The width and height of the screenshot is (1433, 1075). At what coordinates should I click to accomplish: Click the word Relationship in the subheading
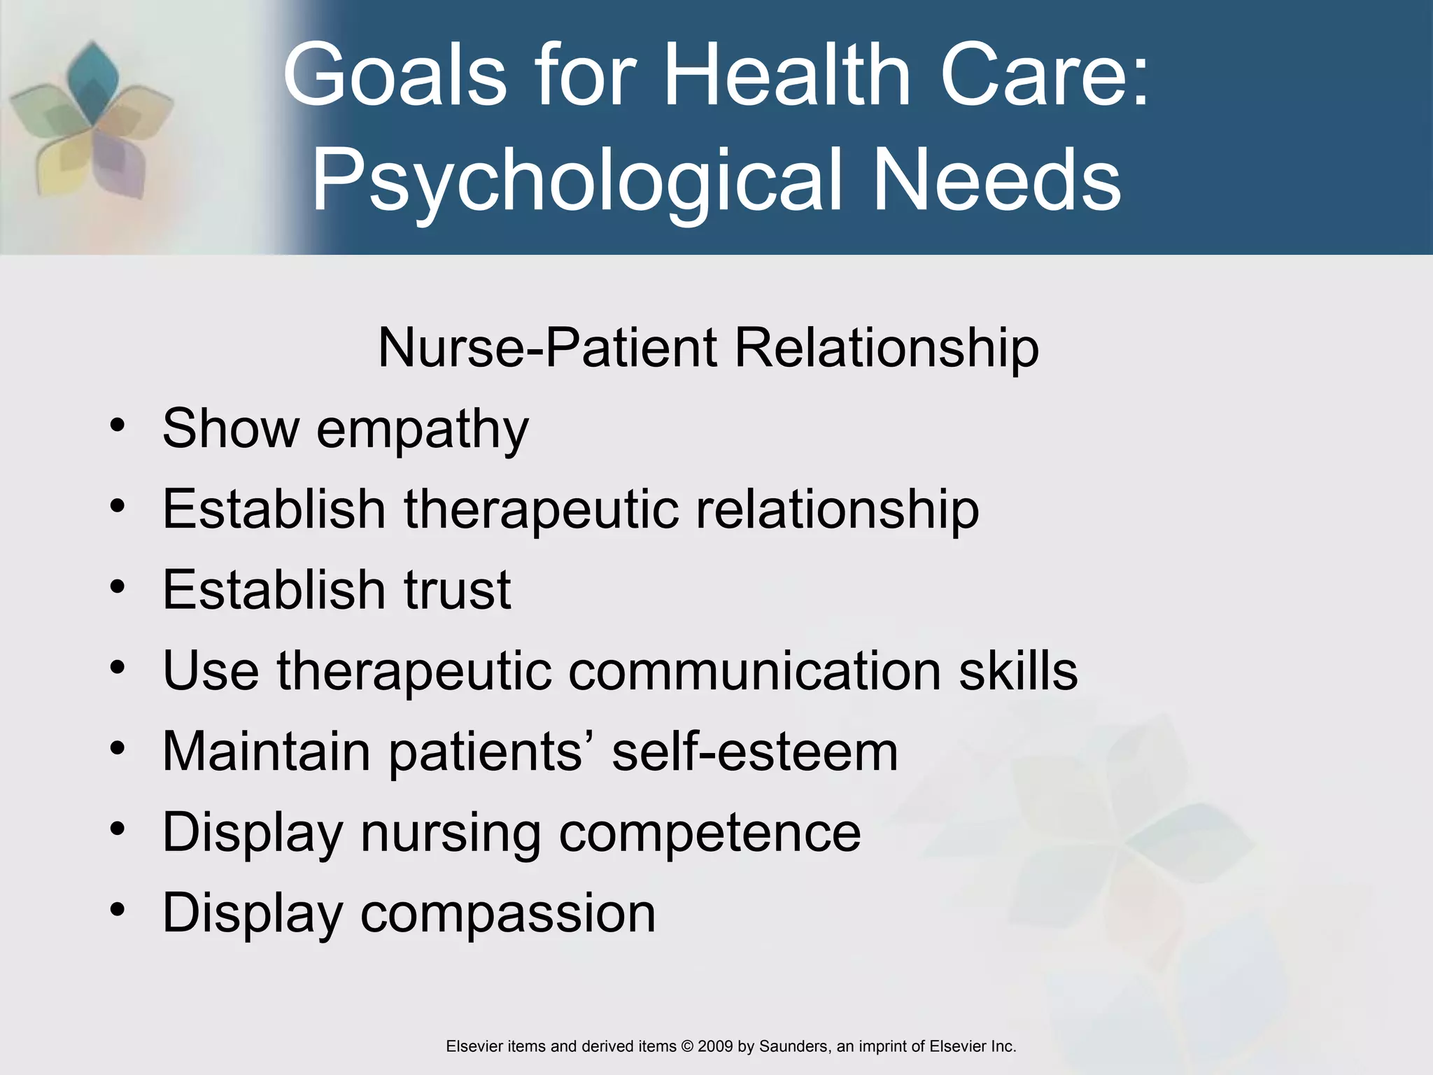(x=887, y=349)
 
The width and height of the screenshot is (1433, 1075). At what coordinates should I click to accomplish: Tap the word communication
(x=754, y=670)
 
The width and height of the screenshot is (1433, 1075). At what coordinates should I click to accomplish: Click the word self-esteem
(x=754, y=752)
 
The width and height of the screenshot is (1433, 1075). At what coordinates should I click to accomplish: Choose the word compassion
(x=507, y=914)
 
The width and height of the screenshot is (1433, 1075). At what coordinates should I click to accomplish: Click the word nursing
(x=451, y=834)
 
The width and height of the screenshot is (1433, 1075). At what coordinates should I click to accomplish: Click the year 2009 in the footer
(x=714, y=1046)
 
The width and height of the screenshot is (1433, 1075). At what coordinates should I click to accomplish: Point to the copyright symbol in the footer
(x=686, y=1046)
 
